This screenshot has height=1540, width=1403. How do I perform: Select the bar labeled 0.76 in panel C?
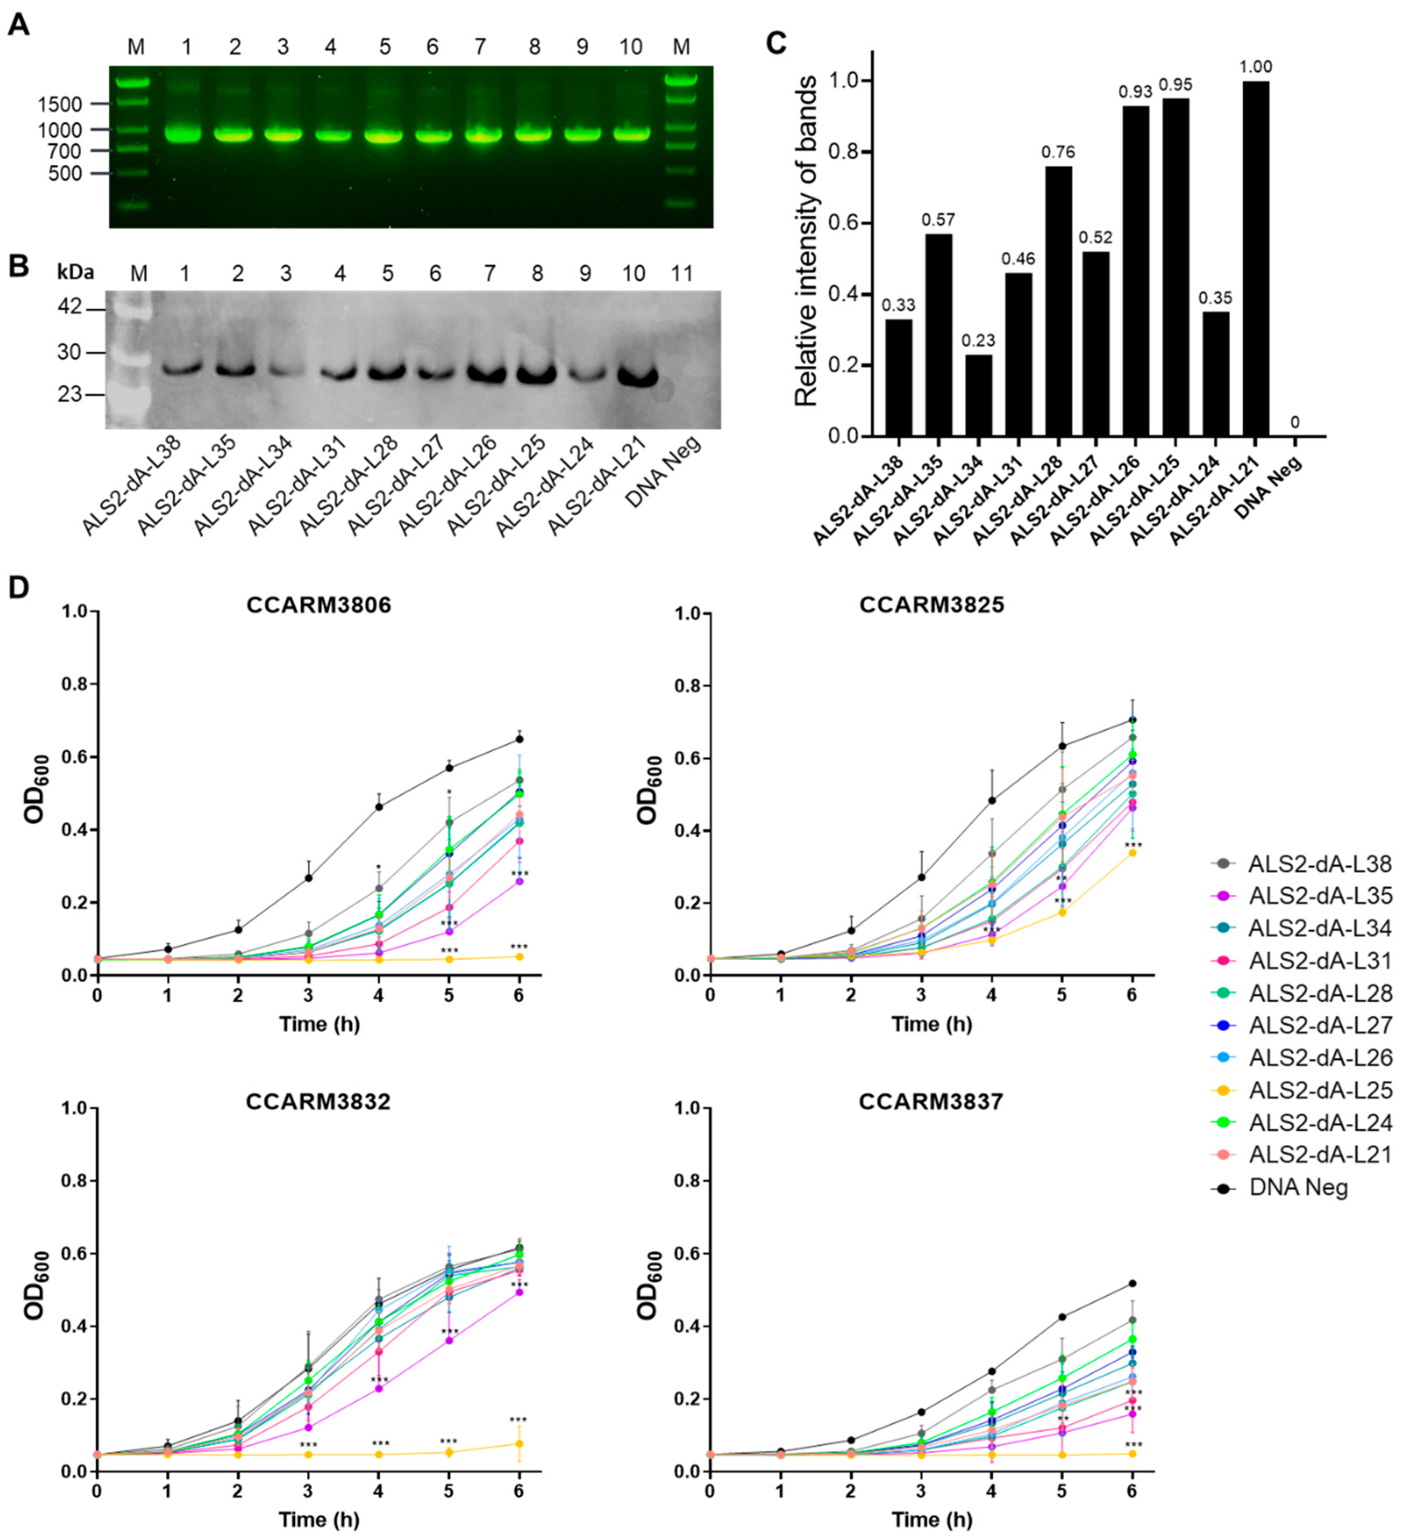1058,302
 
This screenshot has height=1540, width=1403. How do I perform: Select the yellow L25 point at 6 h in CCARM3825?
1132,852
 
